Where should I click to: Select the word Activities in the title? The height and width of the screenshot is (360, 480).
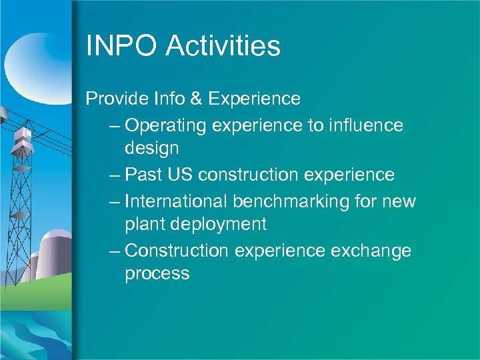click(x=223, y=46)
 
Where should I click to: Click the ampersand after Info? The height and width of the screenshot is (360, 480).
click(x=195, y=99)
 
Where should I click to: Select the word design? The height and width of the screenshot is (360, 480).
click(x=152, y=147)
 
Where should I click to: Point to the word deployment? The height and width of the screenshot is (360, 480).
click(x=219, y=224)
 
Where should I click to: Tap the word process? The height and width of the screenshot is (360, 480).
click(x=157, y=274)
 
